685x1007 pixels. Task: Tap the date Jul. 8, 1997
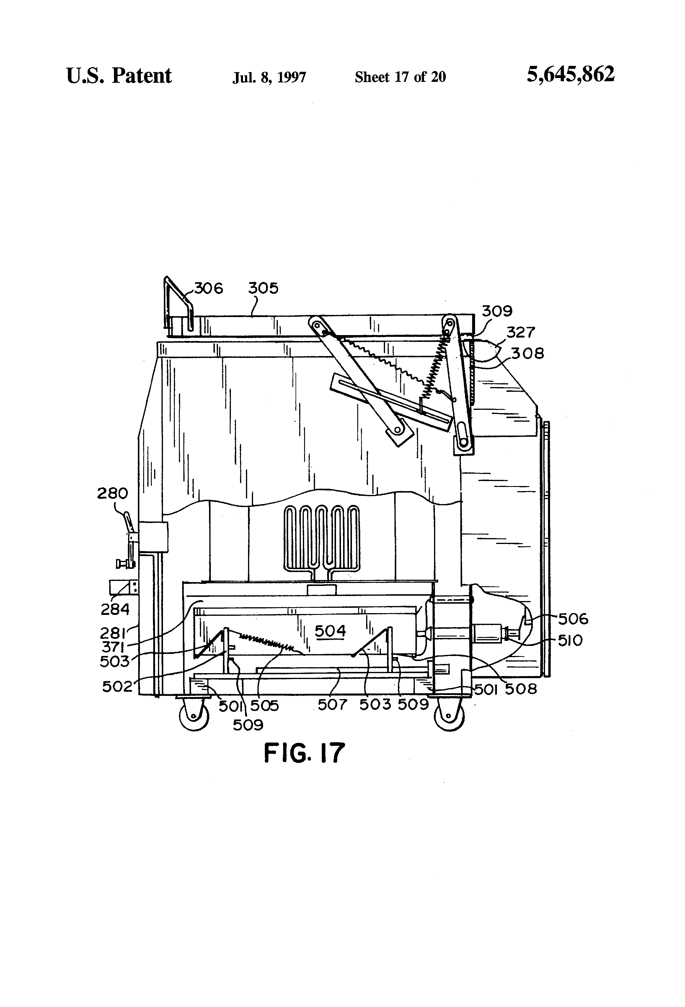pyautogui.click(x=269, y=77)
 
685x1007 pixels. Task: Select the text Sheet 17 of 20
pyautogui.click(x=400, y=77)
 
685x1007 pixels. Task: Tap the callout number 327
pyautogui.click(x=521, y=332)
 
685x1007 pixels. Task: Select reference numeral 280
pyautogui.click(x=112, y=493)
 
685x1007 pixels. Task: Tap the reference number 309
pyautogui.click(x=497, y=311)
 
